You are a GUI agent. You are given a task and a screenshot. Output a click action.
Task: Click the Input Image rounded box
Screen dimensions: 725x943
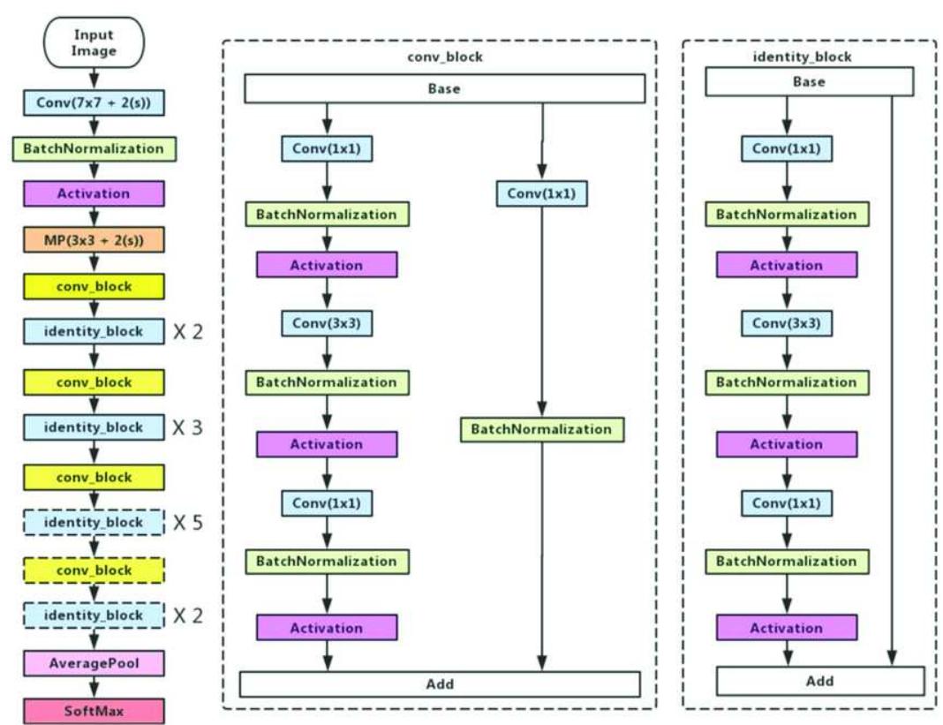point(94,43)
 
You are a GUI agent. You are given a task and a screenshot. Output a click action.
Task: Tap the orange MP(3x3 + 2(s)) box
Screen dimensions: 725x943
point(94,239)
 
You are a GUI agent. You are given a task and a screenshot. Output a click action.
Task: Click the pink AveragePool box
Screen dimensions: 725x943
point(94,662)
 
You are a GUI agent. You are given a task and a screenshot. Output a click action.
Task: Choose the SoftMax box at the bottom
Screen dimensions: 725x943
point(94,710)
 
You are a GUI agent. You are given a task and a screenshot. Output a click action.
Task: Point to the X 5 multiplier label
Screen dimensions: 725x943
point(187,523)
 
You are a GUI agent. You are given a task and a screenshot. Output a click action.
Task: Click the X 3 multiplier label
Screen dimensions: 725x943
point(187,427)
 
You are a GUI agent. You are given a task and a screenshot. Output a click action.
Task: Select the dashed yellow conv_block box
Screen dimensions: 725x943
point(94,570)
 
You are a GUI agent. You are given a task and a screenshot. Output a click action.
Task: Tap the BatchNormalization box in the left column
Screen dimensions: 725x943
point(94,147)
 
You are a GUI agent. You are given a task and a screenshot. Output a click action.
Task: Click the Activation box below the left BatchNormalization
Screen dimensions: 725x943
point(94,193)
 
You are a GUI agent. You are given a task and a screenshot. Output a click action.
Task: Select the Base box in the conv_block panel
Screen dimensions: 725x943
point(444,88)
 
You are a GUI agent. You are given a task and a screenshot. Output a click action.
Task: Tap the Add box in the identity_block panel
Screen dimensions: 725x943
point(819,681)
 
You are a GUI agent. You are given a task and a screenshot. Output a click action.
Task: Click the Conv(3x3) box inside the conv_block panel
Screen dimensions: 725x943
point(327,323)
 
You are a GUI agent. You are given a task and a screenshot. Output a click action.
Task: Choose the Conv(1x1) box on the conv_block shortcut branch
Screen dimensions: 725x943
point(542,193)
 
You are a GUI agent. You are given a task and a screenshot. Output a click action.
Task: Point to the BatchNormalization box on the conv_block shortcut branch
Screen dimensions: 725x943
point(541,429)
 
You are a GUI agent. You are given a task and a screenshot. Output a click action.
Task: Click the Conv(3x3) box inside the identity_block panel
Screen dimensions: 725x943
point(786,323)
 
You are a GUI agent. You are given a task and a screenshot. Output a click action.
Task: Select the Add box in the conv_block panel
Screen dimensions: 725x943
point(440,684)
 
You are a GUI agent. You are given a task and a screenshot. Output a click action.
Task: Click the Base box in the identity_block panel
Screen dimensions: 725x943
point(809,82)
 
